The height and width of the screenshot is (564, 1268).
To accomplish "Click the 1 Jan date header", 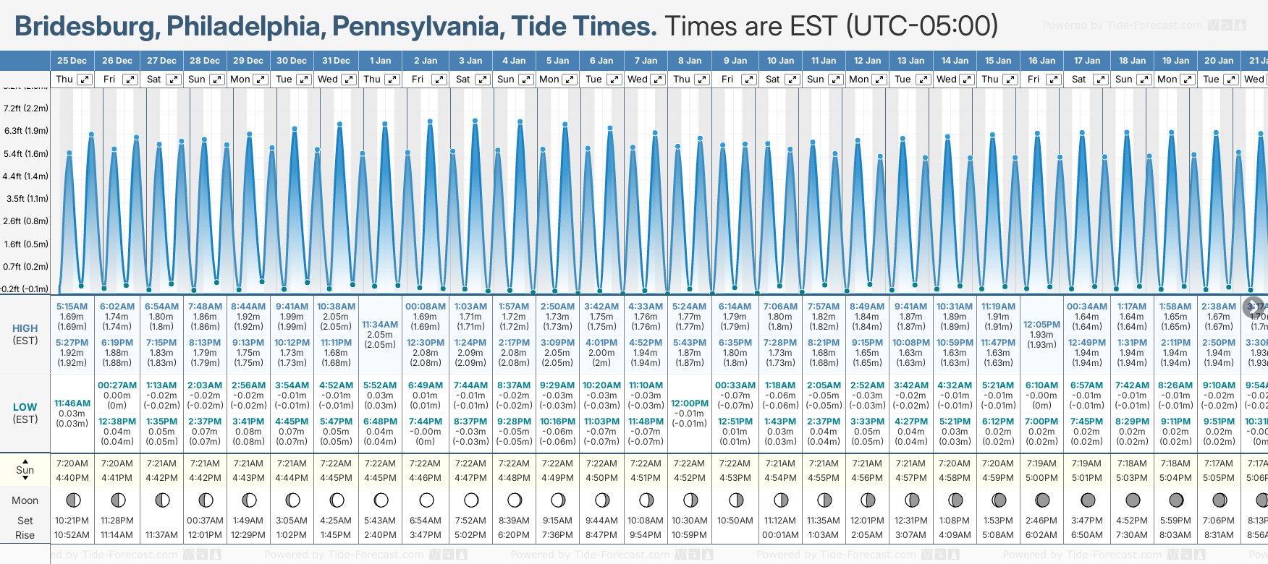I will pos(380,61).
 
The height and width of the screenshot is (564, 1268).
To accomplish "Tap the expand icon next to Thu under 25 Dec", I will pos(85,80).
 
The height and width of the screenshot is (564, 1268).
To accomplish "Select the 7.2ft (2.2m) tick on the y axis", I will pos(26,108).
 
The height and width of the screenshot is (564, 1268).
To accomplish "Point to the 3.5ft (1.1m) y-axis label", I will pos(26,198).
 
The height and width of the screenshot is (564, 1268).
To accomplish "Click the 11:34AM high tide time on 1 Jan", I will pos(380,325).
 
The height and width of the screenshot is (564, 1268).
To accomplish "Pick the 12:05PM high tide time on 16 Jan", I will pos(1041,325).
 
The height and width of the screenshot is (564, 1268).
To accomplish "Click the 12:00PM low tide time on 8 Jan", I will pos(689,403).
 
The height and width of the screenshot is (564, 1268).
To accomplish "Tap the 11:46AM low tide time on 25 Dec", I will pos(72,403).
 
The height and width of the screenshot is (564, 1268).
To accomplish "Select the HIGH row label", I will pos(25,328).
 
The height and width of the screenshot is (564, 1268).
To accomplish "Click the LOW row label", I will pos(25,407).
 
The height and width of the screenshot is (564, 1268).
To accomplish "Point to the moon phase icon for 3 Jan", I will pos(471,500).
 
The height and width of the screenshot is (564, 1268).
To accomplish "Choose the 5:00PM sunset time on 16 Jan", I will pos(1041,478).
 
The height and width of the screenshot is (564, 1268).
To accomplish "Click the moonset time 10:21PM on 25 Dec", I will pos(72,521).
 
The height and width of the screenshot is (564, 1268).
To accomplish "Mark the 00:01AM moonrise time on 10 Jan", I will pos(780,535).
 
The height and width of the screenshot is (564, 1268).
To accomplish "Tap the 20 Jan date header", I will pos(1219,61).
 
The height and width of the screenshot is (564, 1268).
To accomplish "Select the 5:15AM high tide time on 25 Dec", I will pos(72,307).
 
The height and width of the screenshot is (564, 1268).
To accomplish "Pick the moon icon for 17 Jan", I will pos(1087,500).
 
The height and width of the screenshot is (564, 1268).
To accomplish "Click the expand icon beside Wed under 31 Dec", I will pos(348,80).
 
